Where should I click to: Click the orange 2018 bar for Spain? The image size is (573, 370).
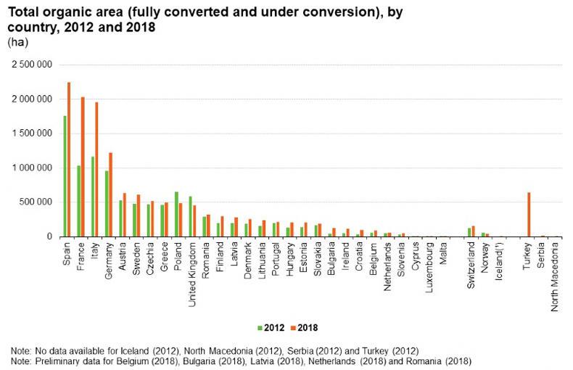[x=69, y=160]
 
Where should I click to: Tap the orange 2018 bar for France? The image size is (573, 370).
[x=83, y=167]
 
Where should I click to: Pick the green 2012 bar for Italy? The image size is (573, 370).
[x=93, y=197]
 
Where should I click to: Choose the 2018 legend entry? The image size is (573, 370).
[x=304, y=327]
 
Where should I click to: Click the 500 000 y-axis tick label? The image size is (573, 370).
[x=38, y=202]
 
